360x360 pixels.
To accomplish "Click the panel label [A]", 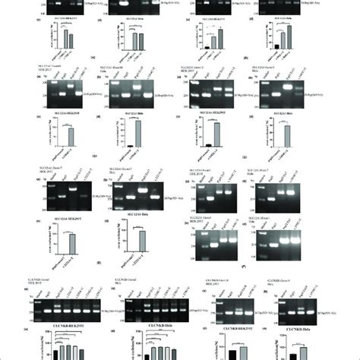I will click(x=92, y=58).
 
